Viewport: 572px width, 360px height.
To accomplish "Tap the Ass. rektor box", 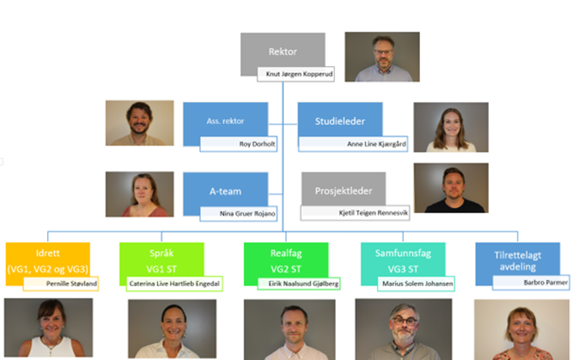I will click(x=225, y=120).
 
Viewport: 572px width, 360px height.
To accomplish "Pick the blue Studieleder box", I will click(x=340, y=120).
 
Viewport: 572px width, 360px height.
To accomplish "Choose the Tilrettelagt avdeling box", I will click(x=518, y=260).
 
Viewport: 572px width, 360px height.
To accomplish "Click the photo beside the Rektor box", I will click(x=382, y=57).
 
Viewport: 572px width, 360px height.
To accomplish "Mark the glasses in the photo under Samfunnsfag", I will click(x=404, y=321).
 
